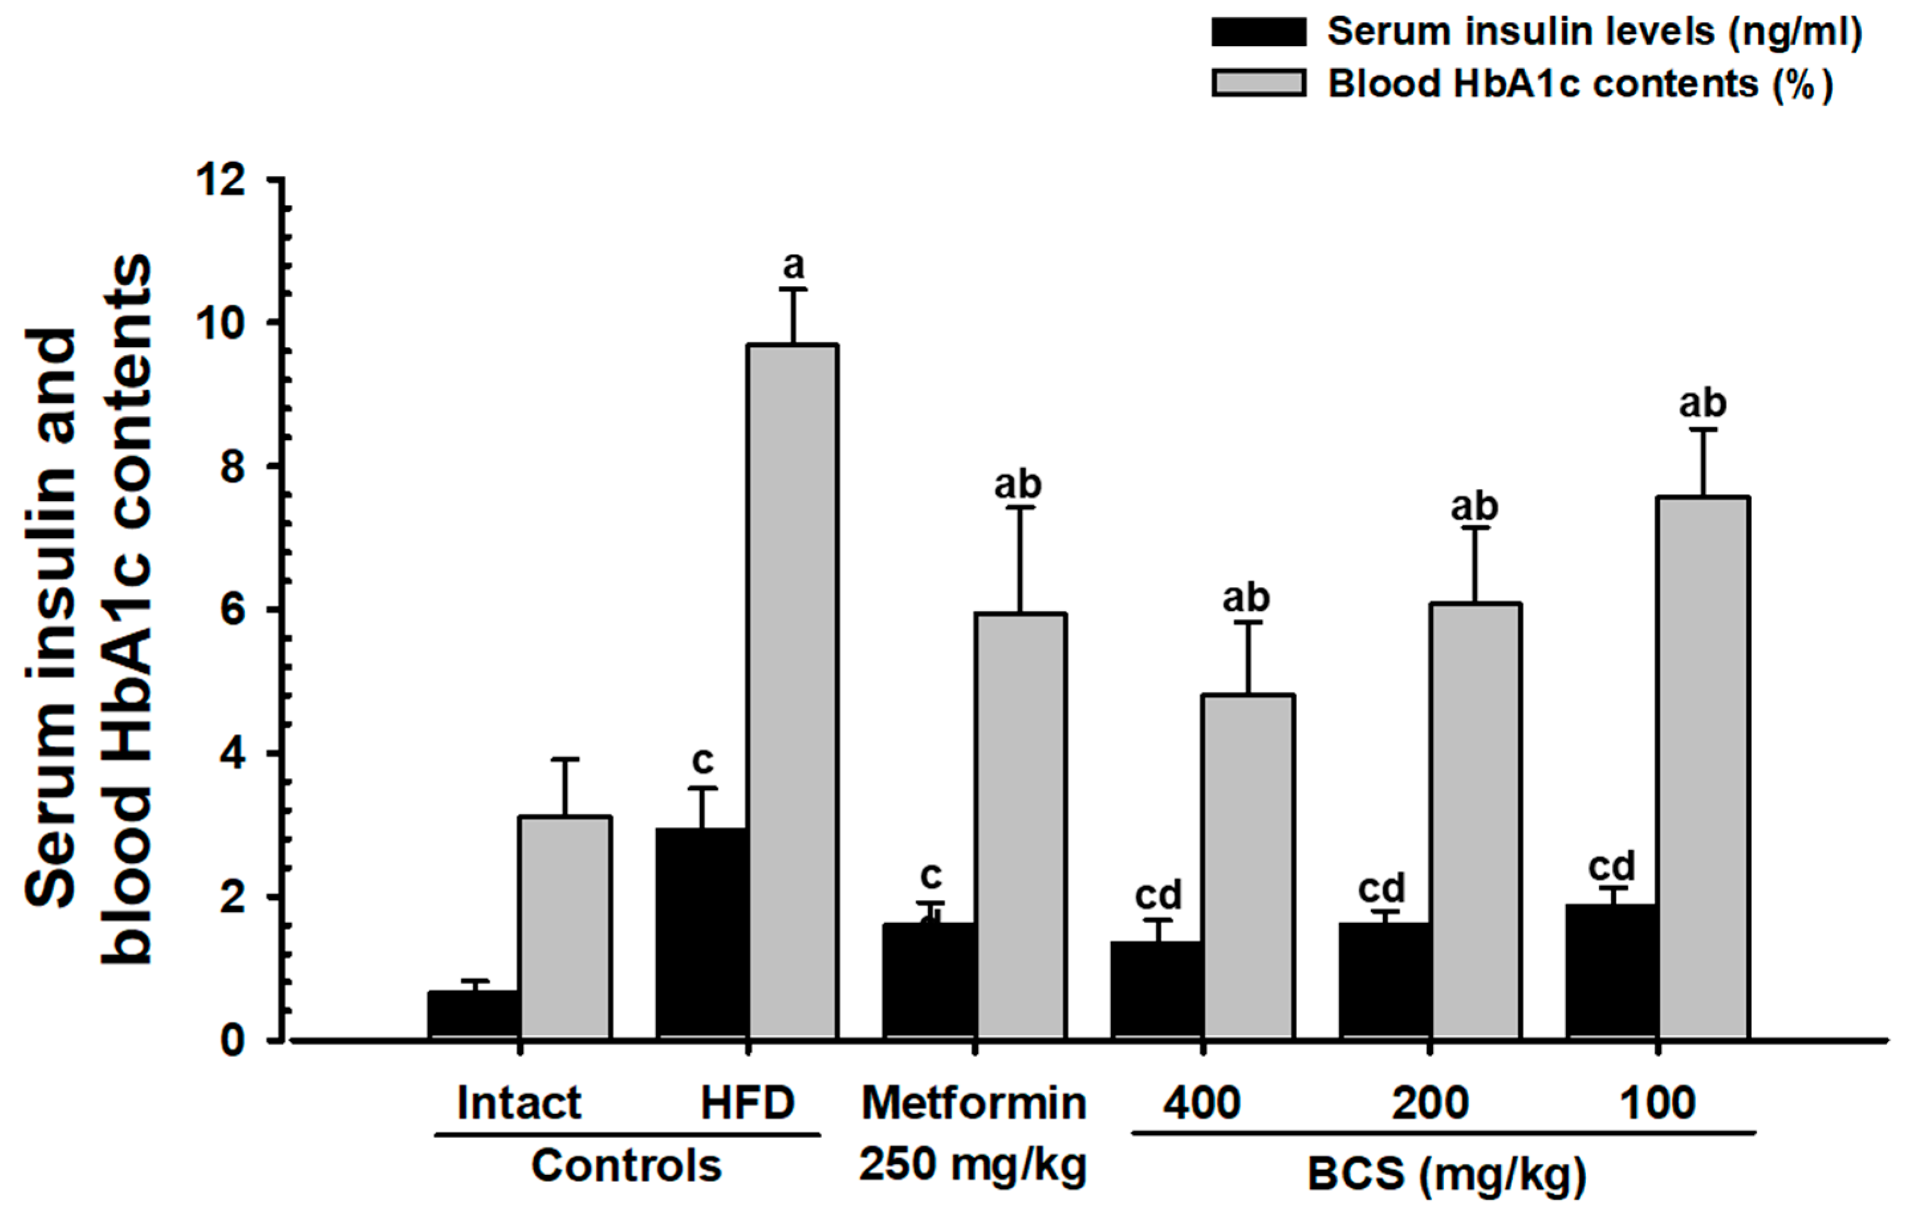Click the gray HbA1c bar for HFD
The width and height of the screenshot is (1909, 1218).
pyautogui.click(x=793, y=690)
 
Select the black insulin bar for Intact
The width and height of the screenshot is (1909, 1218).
pyautogui.click(x=473, y=1014)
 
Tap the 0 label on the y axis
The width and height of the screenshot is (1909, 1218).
pyautogui.click(x=233, y=1040)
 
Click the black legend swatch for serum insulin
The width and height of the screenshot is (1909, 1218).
pyautogui.click(x=1258, y=32)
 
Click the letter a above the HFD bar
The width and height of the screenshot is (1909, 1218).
pyautogui.click(x=793, y=266)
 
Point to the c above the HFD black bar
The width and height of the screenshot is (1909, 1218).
pyautogui.click(x=703, y=761)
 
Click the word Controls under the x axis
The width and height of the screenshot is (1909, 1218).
pyautogui.click(x=626, y=1165)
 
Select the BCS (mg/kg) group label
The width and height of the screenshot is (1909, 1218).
pyautogui.click(x=1447, y=1175)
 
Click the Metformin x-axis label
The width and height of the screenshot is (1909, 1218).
pyautogui.click(x=974, y=1102)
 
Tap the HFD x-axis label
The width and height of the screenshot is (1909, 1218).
pyautogui.click(x=747, y=1102)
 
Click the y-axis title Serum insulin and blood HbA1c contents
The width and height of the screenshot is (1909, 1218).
pyautogui.click(x=87, y=611)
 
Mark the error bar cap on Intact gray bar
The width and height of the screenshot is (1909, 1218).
pyautogui.click(x=565, y=759)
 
